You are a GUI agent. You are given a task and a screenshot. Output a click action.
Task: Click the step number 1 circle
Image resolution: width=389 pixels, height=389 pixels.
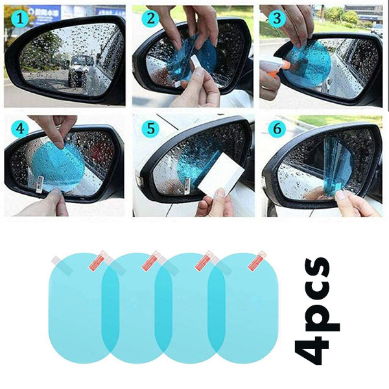click(x=20, y=19)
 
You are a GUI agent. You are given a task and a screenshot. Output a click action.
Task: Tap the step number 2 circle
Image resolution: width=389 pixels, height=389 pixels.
click(x=150, y=18)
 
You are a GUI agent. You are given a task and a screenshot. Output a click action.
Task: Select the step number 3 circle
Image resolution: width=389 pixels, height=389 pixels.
click(x=277, y=18)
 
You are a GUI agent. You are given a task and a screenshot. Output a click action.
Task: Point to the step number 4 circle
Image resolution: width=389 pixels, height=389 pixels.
click(x=20, y=130)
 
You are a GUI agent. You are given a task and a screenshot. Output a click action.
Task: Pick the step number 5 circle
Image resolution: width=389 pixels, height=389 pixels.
click(x=150, y=129)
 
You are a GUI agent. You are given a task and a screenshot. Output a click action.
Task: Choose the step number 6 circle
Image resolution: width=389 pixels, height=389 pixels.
click(x=277, y=129)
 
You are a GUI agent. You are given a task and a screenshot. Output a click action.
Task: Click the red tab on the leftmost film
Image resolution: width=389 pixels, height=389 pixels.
click(x=98, y=261)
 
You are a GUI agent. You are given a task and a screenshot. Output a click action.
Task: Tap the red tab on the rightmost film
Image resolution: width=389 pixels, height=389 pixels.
click(x=257, y=261)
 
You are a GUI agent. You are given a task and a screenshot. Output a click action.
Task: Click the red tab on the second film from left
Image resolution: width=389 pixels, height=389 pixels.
click(x=151, y=261)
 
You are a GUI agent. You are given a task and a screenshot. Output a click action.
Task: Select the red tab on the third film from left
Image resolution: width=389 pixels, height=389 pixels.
click(x=204, y=261)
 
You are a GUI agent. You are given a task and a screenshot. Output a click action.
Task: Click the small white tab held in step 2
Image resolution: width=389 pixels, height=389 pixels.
click(x=195, y=62)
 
